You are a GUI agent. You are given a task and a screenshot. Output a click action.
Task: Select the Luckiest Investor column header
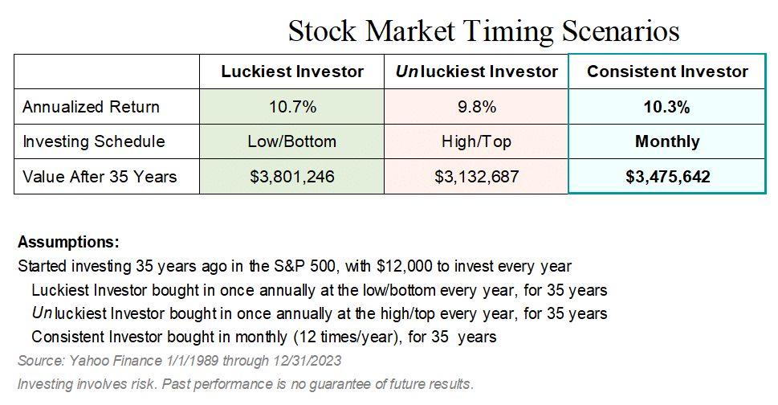click(292, 72)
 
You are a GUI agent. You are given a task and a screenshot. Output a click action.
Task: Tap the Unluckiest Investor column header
click(476, 72)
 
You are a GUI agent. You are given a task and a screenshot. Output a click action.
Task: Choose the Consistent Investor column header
click(667, 72)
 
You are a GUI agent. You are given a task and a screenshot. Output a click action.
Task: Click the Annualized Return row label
click(91, 107)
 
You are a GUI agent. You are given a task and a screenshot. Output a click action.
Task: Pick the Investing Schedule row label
click(94, 141)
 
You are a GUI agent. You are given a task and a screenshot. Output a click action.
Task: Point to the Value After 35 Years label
click(100, 177)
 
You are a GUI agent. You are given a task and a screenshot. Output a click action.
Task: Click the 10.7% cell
click(292, 107)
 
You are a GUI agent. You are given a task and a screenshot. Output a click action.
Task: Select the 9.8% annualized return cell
click(476, 107)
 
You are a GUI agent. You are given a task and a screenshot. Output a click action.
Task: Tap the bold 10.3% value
click(667, 107)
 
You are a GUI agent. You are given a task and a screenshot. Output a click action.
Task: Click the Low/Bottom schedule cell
click(292, 141)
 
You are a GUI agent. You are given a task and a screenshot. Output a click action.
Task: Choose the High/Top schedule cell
click(476, 141)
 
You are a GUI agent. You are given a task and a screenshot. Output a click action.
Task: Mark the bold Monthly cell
click(667, 141)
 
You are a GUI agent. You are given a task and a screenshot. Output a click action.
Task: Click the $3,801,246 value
click(292, 177)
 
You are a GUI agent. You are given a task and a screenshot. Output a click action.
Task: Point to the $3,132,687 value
click(476, 177)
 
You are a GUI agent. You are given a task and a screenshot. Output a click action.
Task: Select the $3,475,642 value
click(667, 177)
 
